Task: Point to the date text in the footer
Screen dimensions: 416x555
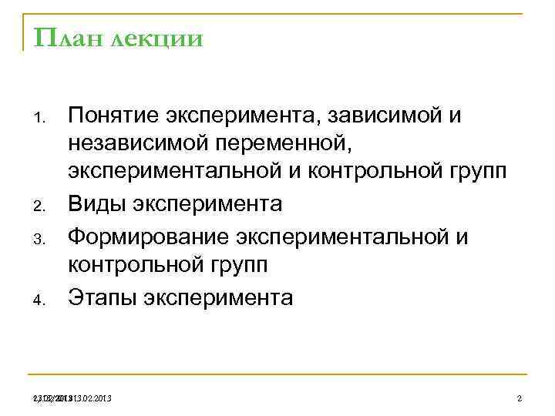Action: coord(73,398)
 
